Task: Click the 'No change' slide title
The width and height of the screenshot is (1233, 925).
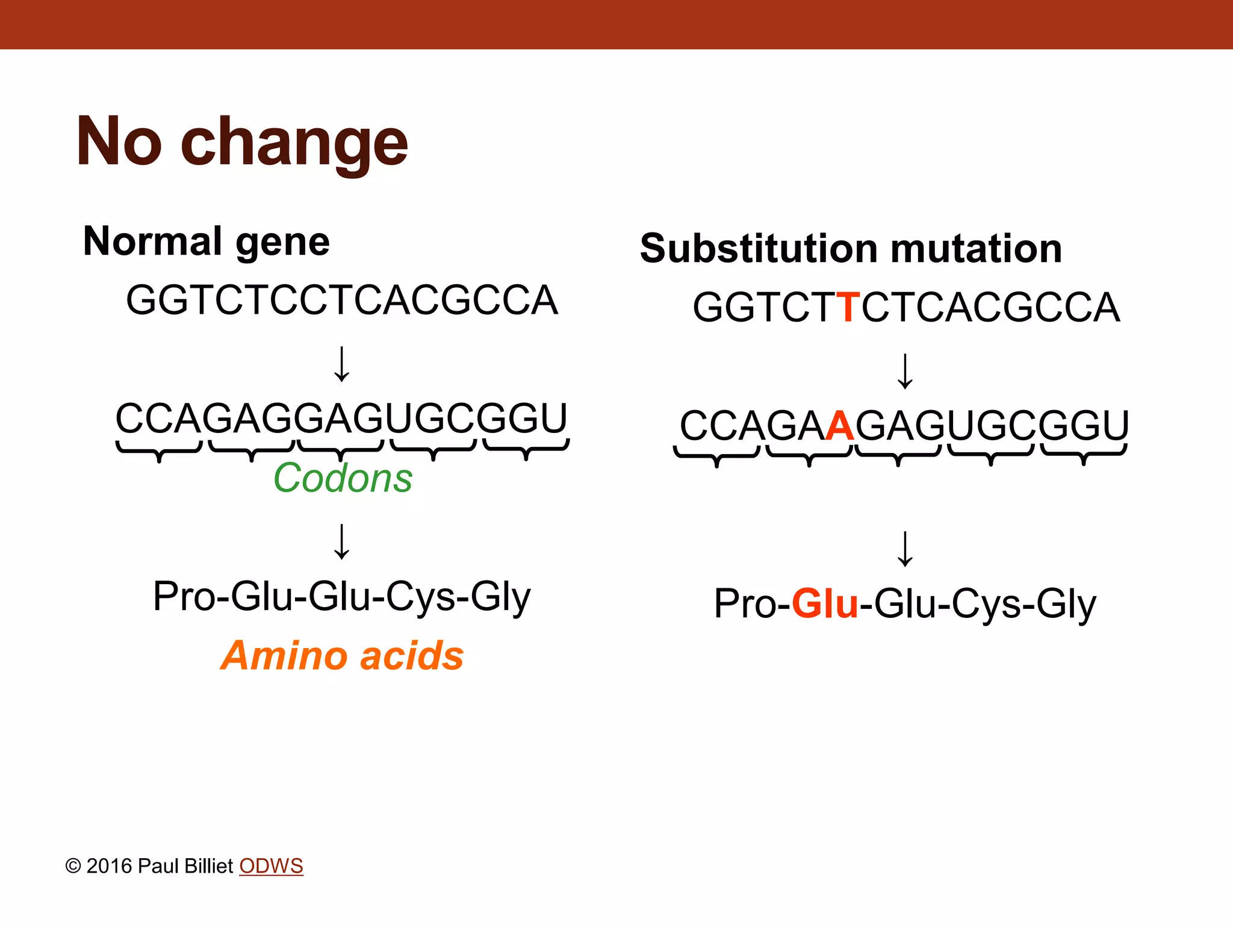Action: [x=242, y=142]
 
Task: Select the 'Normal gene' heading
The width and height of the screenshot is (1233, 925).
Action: [x=207, y=241]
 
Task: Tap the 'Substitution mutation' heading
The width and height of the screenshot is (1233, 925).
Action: [x=851, y=248]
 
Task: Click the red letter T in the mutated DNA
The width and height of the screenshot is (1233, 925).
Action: [x=848, y=307]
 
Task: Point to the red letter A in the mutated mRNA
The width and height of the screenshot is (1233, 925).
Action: [x=840, y=426]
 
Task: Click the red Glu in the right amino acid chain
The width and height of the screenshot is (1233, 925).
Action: [x=825, y=603]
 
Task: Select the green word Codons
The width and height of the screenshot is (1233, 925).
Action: [x=343, y=478]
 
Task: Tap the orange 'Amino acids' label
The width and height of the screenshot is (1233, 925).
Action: [x=342, y=655]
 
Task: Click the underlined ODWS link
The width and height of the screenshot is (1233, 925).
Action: [x=271, y=866]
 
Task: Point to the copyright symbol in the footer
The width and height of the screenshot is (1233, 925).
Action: [x=73, y=867]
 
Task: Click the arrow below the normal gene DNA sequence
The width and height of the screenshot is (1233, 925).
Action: [x=342, y=364]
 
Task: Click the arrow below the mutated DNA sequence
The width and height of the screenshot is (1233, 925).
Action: [x=905, y=371]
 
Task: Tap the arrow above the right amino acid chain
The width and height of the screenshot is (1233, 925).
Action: [x=905, y=549]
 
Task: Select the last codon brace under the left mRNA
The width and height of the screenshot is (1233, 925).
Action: [x=526, y=449]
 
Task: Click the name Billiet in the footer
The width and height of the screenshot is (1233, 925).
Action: [x=208, y=866]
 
